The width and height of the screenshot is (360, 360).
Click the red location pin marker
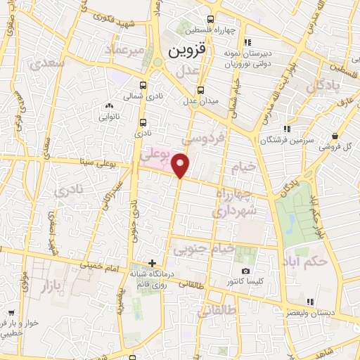[x=181, y=165]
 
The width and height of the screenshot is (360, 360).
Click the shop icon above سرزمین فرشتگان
[x=286, y=129]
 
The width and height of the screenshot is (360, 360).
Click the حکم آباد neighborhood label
[x=308, y=261]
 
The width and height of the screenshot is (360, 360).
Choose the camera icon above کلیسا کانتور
[x=245, y=271]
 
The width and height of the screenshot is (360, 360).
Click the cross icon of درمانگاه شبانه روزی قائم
[x=152, y=263]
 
